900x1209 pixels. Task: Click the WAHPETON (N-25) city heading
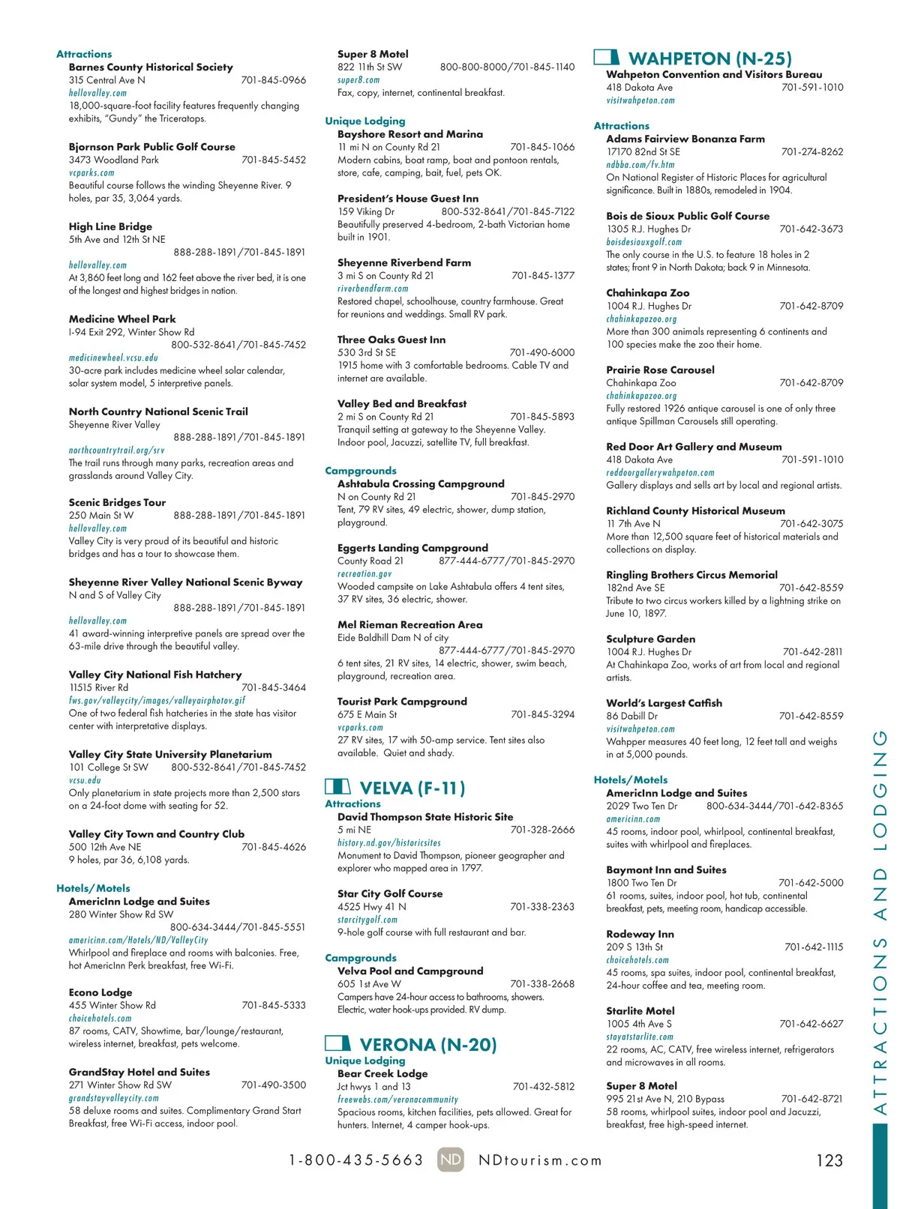point(709,58)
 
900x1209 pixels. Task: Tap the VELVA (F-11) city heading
point(412,788)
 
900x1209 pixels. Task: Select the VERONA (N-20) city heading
point(427,1045)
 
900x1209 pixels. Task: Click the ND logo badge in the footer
point(451,1160)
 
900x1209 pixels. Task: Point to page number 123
point(829,1160)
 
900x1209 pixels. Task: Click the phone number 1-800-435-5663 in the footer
point(356,1160)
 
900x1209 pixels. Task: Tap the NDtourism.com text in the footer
point(540,1160)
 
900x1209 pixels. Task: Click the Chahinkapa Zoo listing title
point(647,293)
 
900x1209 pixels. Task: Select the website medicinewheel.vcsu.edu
point(113,358)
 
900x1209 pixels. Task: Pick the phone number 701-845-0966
point(273,80)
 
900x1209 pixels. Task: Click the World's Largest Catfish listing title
point(664,703)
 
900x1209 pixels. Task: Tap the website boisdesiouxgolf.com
point(643,242)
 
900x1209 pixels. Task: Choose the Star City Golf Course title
point(390,893)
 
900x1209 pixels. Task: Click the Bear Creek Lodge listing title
point(382,1073)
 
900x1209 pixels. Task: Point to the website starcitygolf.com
point(367,920)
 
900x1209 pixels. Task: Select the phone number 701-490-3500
point(273,1085)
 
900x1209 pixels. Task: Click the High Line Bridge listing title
point(110,226)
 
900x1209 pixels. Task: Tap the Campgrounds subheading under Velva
point(361,958)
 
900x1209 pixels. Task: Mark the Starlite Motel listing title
point(640,1011)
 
